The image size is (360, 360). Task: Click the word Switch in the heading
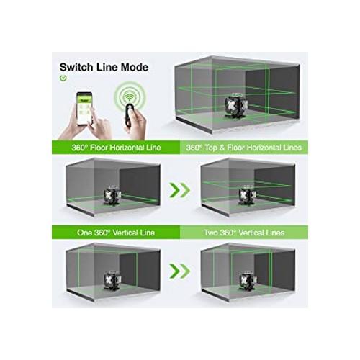pyautogui.click(x=76, y=67)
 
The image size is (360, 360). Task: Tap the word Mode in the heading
pyautogui.click(x=135, y=67)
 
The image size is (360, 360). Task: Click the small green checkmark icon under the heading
pyautogui.click(x=63, y=78)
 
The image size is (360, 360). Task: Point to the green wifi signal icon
pyautogui.click(x=130, y=96)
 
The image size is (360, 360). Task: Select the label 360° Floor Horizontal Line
pyautogui.click(x=116, y=148)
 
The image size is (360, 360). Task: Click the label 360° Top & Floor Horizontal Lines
pyautogui.click(x=243, y=148)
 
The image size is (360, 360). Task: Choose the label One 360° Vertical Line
pyautogui.click(x=116, y=233)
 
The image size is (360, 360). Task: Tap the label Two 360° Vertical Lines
pyautogui.click(x=244, y=233)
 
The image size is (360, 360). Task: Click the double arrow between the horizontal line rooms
pyautogui.click(x=179, y=190)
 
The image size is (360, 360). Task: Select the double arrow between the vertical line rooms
pyautogui.click(x=179, y=271)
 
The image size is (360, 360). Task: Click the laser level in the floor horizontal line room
pyautogui.click(x=112, y=196)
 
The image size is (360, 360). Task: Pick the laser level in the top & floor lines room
pyautogui.click(x=248, y=196)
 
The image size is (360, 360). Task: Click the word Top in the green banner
pyautogui.click(x=211, y=148)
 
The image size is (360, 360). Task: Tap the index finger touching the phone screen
pyautogui.click(x=92, y=114)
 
